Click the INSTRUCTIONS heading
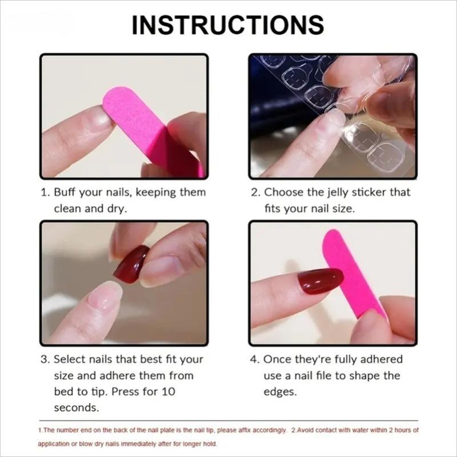pos(228,25)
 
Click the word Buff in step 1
pos(66,193)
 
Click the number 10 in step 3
pos(169,392)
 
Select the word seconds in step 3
pos(77,408)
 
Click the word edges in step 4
pos(280,392)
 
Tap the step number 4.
pos(255,359)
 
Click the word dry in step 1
pos(117,209)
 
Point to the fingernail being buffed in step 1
pos(97,117)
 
